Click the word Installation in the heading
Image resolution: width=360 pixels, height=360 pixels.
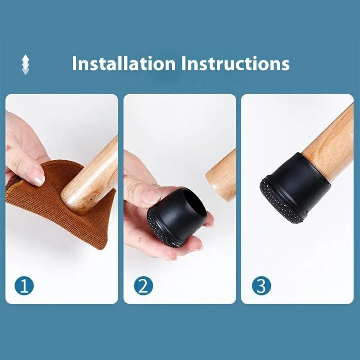[x=124, y=63]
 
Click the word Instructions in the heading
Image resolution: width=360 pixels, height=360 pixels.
[x=235, y=63]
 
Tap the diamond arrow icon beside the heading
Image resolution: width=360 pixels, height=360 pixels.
[x=26, y=64]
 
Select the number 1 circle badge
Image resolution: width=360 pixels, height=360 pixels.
[x=24, y=286]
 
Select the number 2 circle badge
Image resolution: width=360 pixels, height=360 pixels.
[x=144, y=286]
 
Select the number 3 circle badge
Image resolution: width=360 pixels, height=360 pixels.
[x=261, y=286]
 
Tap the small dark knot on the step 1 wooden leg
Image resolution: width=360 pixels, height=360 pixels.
[x=91, y=199]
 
